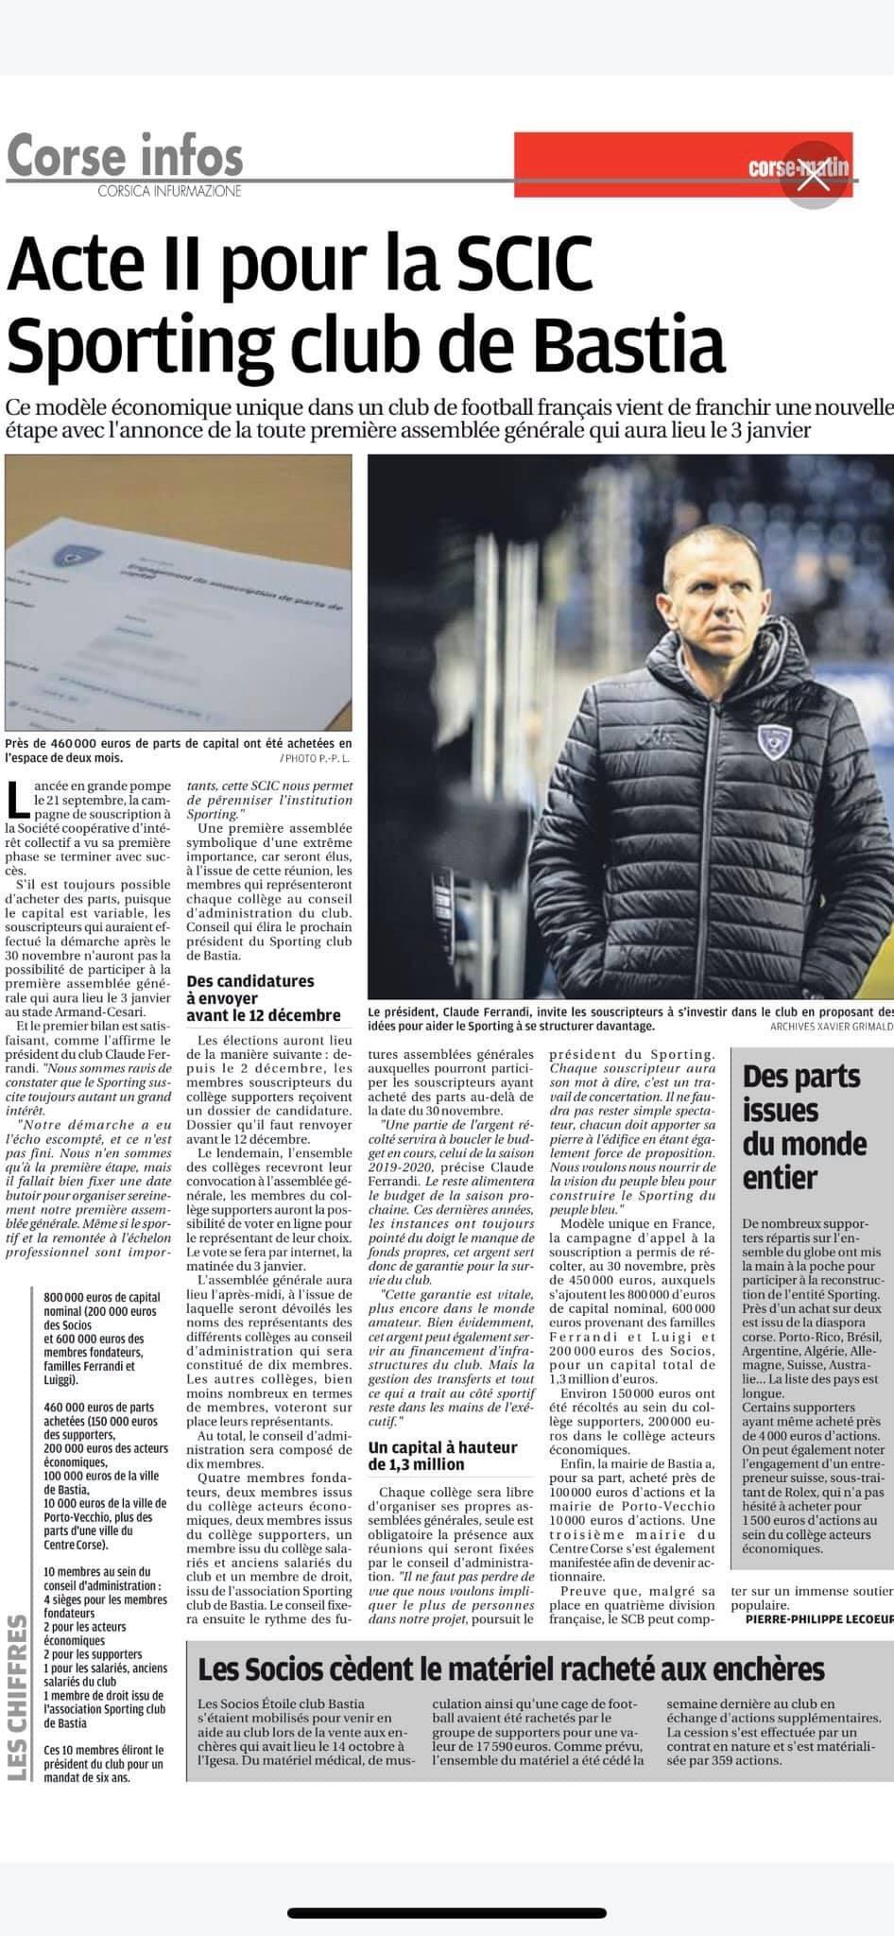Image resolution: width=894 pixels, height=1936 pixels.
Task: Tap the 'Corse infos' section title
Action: click(x=125, y=154)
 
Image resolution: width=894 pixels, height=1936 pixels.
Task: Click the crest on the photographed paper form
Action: click(x=67, y=556)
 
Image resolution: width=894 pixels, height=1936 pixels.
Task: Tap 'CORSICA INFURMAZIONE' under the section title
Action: click(x=169, y=191)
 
